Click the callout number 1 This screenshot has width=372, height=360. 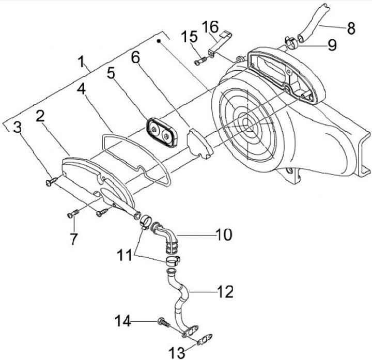(x=82, y=62)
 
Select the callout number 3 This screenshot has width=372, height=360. (x=17, y=127)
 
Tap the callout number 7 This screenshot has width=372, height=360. (x=74, y=239)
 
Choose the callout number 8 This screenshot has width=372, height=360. (x=351, y=28)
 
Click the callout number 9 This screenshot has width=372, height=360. (x=331, y=44)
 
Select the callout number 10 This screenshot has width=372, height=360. (x=224, y=235)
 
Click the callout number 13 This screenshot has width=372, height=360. (x=177, y=353)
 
